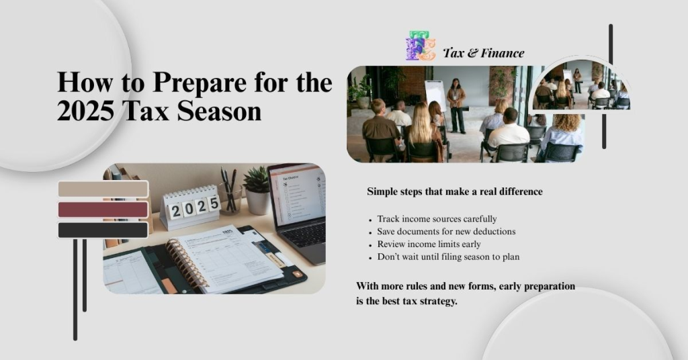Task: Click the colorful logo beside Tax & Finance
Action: pyautogui.click(x=421, y=46)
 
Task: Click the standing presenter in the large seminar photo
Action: pyautogui.click(x=457, y=103)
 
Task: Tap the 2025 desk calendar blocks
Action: pyautogui.click(x=193, y=208)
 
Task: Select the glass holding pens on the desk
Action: pyautogui.click(x=230, y=199)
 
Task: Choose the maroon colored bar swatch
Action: pyautogui.click(x=103, y=210)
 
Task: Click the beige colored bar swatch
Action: pyautogui.click(x=103, y=189)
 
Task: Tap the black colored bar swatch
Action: pyautogui.click(x=103, y=230)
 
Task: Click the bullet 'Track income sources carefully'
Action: pyautogui.click(x=437, y=219)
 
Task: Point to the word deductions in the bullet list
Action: pyautogui.click(x=492, y=232)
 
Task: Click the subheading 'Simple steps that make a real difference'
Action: pyautogui.click(x=454, y=191)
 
